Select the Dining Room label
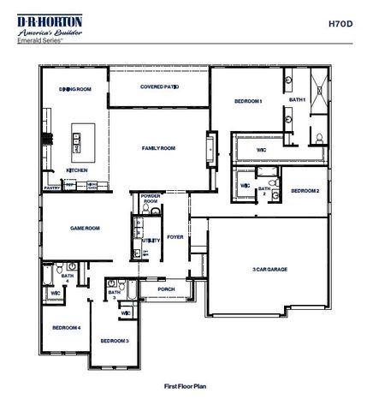coord(74,89)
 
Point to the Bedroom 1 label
coord(248,102)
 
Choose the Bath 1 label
coord(297,100)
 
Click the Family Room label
coord(158,148)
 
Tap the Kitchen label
coord(77,170)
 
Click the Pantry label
coord(52,185)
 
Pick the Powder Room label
coord(151,198)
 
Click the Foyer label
coord(175,236)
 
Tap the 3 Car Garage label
coord(265,270)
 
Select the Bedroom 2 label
coord(305,191)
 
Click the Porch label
coord(166,289)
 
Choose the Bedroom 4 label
coord(66,328)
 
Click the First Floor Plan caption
coord(185,386)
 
